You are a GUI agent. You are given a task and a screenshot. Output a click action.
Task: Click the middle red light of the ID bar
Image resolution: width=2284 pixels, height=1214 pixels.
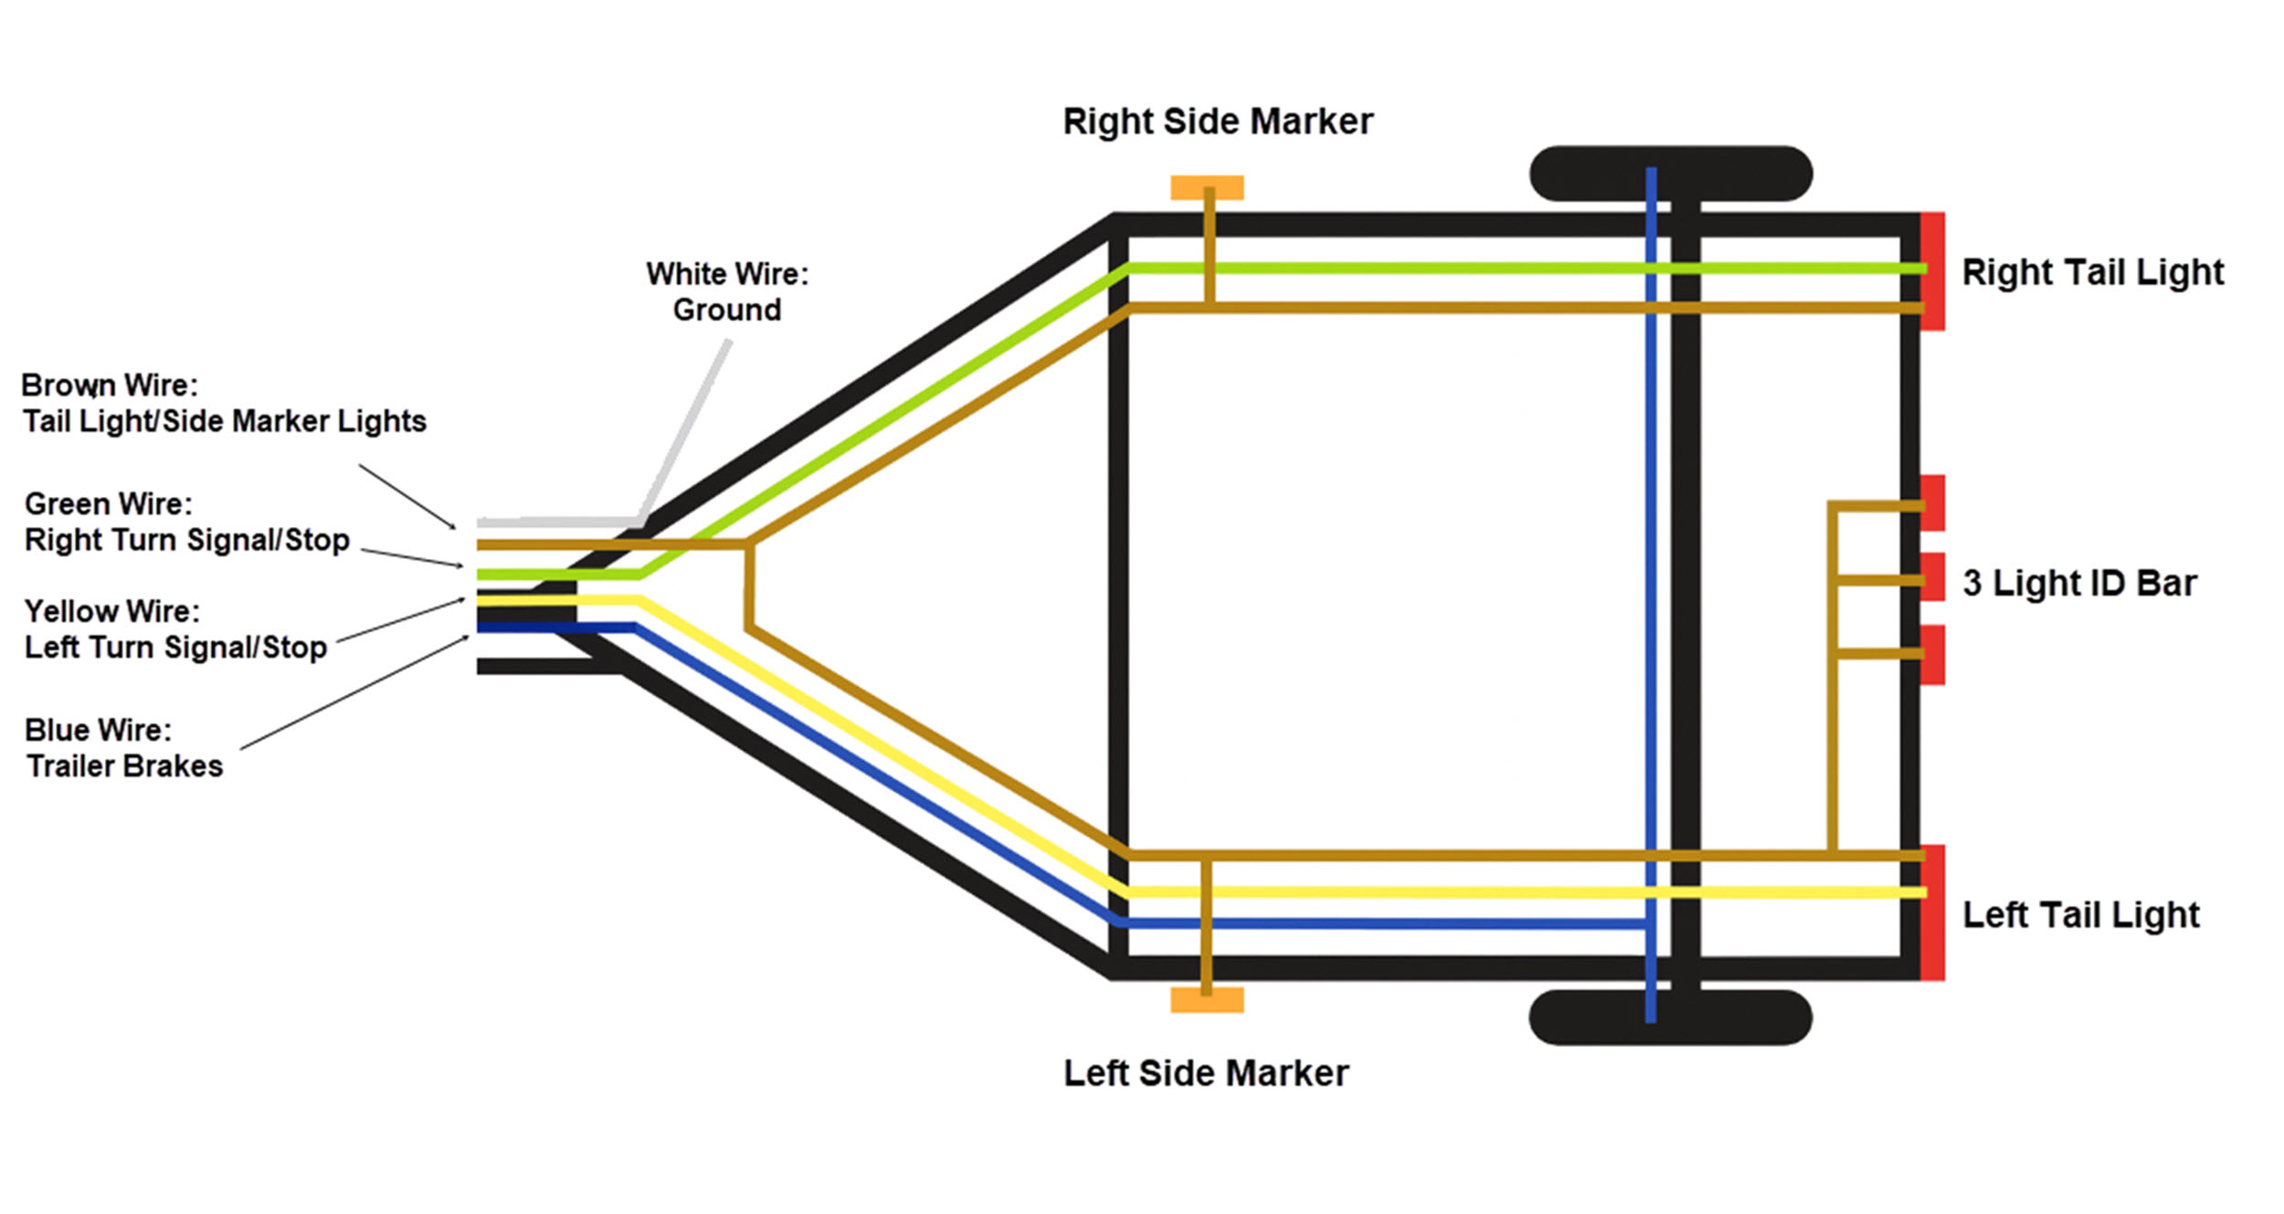pos(1933,577)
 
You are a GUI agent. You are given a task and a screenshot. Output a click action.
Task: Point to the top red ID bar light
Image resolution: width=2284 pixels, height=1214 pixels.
pos(1933,502)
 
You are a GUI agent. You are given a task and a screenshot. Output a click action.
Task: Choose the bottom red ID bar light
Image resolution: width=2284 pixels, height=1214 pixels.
pos(1933,654)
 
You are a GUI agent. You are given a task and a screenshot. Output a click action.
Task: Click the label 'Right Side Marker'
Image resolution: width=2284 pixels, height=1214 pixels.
pos(1217,121)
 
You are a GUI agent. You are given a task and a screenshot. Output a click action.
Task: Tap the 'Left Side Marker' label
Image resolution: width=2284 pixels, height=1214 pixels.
pos(1205,1073)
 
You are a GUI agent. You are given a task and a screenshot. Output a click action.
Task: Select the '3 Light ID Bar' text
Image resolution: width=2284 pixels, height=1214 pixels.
pos(2079,583)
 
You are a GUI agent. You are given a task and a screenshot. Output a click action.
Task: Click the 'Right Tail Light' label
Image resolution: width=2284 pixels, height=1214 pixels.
pos(2092,272)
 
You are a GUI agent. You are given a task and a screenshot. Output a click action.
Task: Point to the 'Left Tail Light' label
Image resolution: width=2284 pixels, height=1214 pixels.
pos(2080,914)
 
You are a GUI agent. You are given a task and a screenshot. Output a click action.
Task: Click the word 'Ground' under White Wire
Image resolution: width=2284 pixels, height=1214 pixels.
pos(726,310)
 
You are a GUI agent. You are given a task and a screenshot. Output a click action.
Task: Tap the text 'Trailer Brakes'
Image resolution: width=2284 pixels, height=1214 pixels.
pos(124,765)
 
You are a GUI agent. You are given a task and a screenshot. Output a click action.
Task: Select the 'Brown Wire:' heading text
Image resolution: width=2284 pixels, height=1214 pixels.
pos(110,385)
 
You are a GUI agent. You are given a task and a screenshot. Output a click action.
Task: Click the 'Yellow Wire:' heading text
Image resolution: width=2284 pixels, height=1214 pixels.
pos(111,610)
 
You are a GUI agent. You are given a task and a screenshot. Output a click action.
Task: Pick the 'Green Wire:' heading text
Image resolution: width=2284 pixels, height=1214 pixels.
pos(108,503)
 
